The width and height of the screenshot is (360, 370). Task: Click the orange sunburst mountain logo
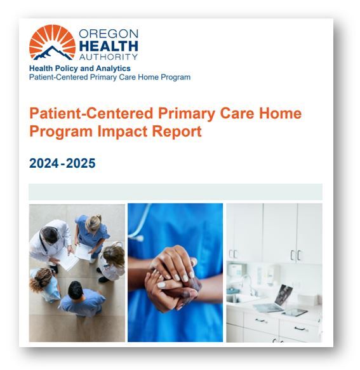tap(51, 43)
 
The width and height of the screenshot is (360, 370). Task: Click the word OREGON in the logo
tap(109, 34)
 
